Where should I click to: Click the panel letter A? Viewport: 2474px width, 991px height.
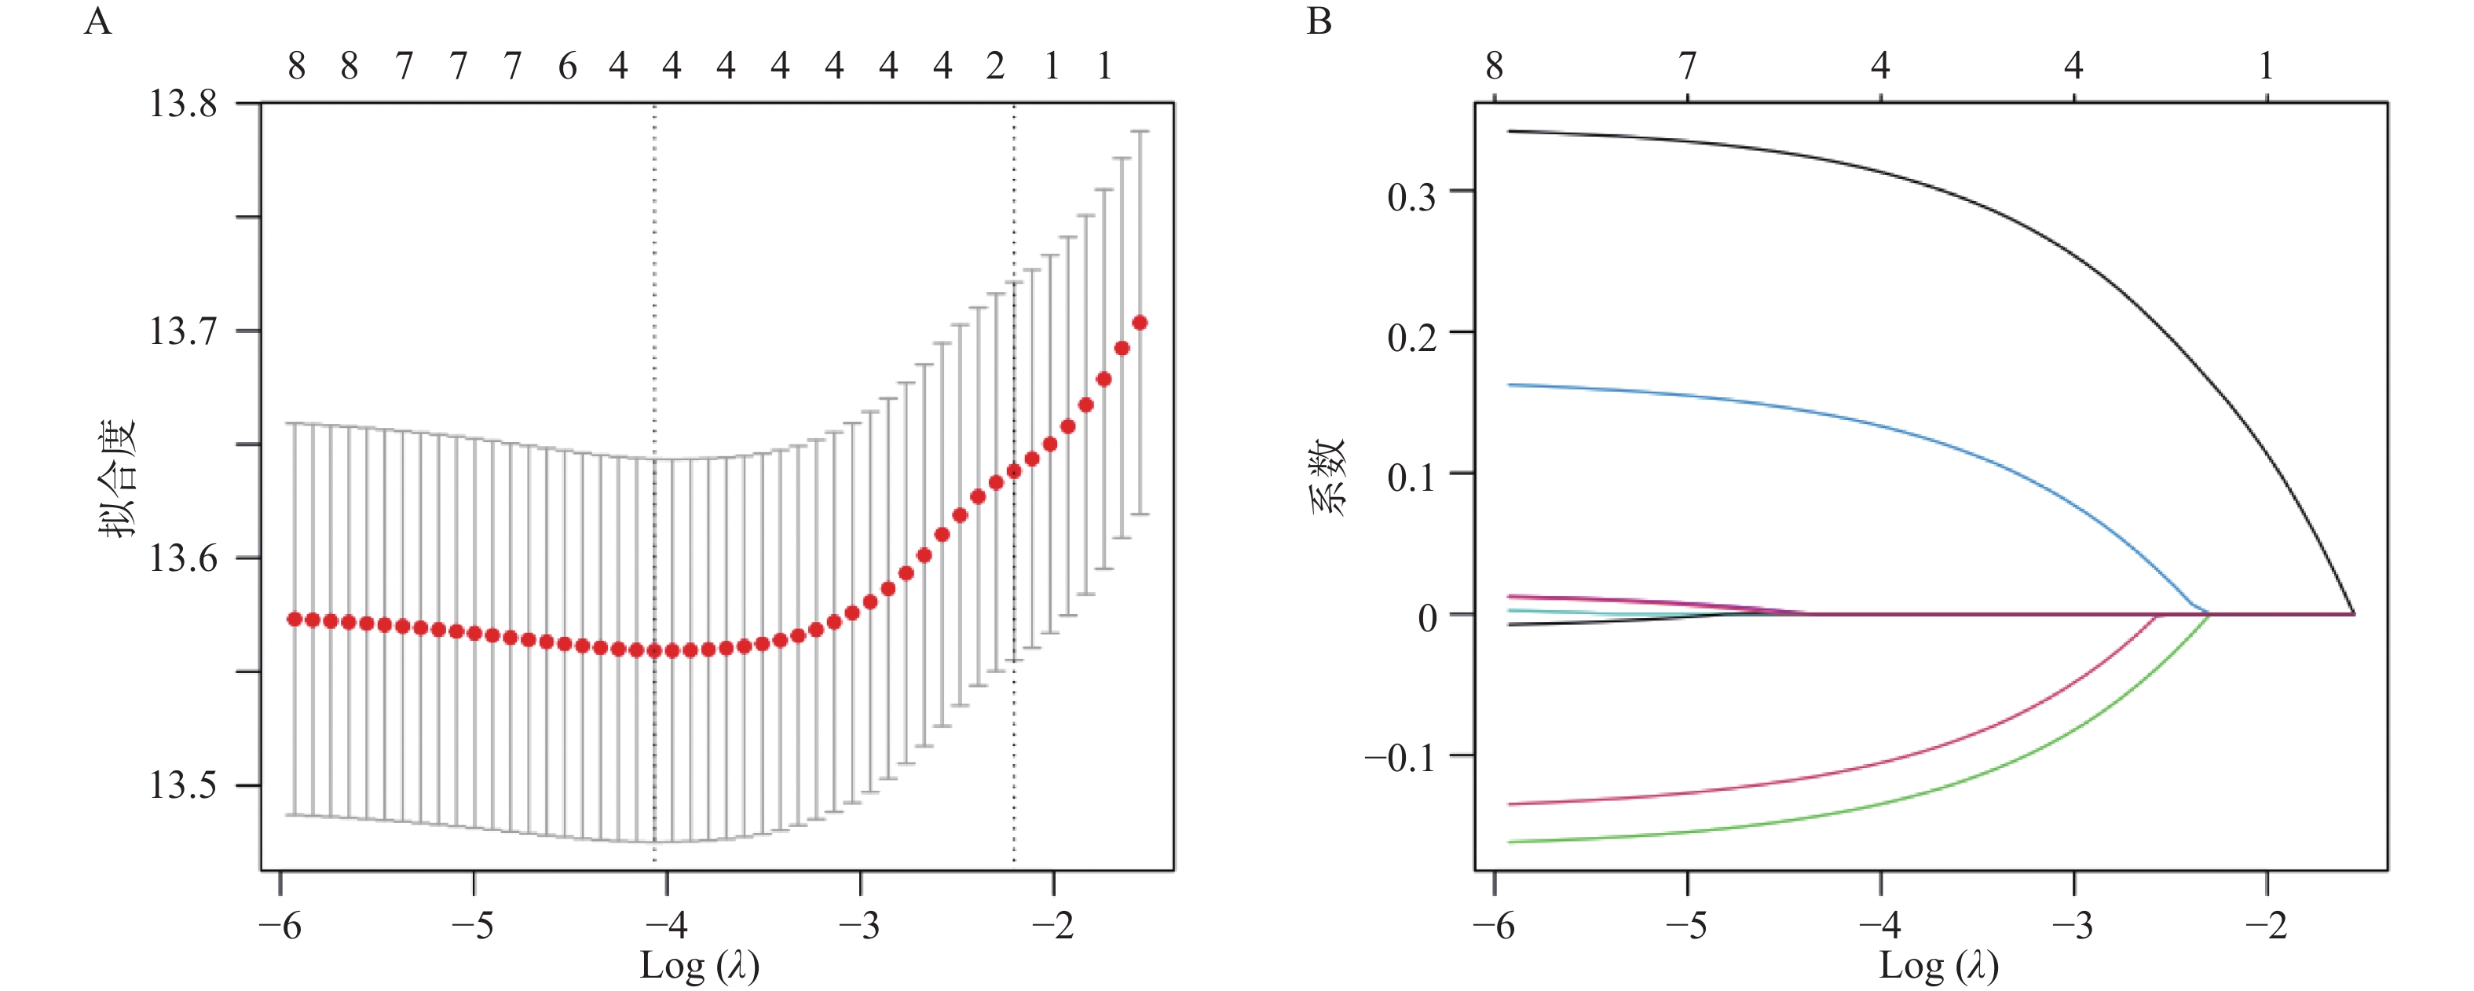[98, 21]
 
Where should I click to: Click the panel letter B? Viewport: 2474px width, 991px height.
[1319, 21]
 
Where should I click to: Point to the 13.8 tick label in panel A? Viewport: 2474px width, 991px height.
[182, 103]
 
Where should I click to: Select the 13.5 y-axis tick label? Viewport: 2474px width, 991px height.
[182, 785]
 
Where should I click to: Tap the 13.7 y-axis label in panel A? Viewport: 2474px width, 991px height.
[182, 331]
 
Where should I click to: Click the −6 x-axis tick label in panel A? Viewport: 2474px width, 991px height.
[280, 926]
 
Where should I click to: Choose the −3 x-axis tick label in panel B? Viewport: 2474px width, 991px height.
[2073, 926]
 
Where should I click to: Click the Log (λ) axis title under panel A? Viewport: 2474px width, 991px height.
[699, 966]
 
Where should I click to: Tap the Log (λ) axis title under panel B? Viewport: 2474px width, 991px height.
[1938, 966]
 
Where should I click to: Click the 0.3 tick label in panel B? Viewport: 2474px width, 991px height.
[1412, 197]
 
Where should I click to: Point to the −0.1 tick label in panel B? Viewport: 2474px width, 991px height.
[1400, 759]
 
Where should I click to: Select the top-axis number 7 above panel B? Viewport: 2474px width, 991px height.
[1688, 66]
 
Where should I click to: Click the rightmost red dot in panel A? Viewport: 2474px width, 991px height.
[1140, 323]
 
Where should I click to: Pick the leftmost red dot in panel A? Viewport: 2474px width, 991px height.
[295, 620]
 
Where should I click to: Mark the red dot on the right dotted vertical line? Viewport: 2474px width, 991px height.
[1014, 470]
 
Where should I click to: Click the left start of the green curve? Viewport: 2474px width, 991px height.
[1512, 841]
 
